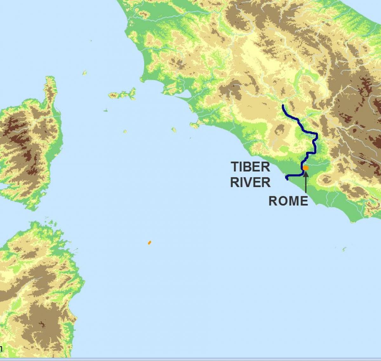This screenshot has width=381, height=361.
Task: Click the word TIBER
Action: (250, 167)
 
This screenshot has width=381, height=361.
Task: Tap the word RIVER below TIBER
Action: (250, 182)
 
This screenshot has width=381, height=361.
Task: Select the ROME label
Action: (288, 201)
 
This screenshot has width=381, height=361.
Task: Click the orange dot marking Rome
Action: (305, 168)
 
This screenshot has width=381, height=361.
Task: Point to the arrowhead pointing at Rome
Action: (306, 174)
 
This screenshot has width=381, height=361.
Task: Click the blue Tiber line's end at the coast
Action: (287, 179)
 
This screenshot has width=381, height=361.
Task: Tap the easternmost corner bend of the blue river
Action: (317, 135)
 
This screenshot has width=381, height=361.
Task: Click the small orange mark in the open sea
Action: (149, 243)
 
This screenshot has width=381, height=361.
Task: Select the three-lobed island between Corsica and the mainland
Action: (122, 94)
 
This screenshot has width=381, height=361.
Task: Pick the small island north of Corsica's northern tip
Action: (85, 73)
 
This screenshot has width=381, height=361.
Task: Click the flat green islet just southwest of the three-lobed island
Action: (105, 110)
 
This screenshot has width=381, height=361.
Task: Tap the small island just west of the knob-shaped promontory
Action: (174, 130)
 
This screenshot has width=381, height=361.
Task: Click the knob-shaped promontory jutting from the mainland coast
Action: (194, 124)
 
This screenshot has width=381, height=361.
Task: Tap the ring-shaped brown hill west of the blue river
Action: (280, 130)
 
